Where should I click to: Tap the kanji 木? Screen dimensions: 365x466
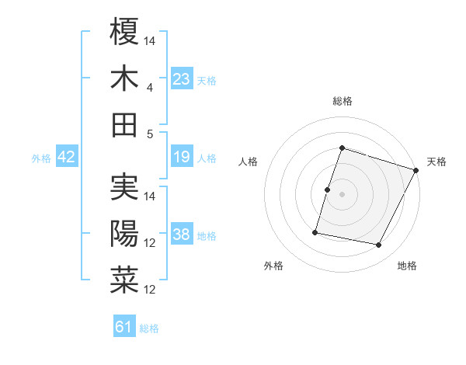pos(124,78)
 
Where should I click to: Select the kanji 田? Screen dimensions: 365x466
pos(124,123)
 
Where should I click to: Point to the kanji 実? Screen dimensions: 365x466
pos(124,187)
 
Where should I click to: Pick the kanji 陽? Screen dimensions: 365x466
pos(124,233)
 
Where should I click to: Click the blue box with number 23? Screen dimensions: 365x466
pos(182,78)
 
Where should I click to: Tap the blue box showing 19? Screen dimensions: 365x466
pos(182,157)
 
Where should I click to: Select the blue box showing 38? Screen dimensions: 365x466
pos(182,235)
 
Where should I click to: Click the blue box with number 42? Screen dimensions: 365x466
pos(66,157)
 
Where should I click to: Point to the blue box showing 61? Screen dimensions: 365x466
pos(124,327)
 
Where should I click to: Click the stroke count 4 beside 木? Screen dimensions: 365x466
pos(150,88)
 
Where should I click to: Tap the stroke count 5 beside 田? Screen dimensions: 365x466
pos(150,134)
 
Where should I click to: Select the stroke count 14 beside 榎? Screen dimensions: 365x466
pos(150,40)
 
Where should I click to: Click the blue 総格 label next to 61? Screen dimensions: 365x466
pos(149,328)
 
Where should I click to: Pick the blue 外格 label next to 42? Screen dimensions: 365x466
pos(40,158)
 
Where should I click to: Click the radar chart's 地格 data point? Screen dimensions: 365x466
pos(379,245)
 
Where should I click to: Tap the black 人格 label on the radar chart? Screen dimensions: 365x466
pos(249,162)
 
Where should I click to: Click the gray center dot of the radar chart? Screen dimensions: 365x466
pos(342,194)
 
